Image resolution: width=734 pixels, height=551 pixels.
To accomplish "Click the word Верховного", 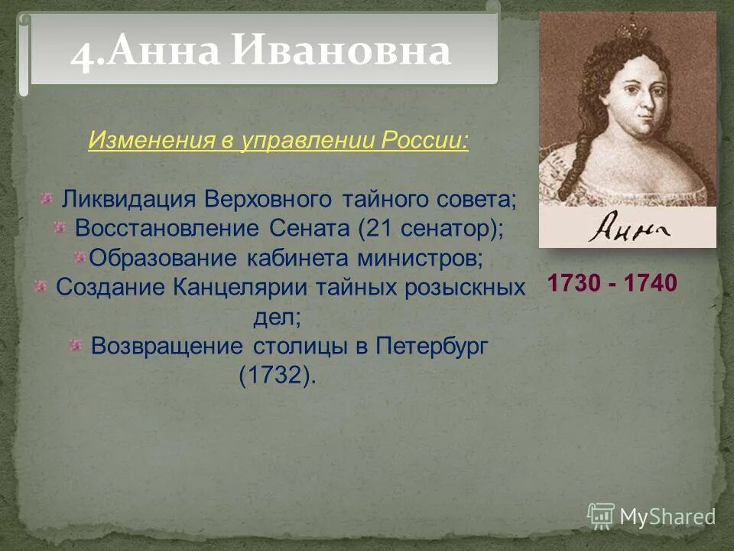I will [268, 200].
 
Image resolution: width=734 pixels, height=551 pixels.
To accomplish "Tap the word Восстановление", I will [168, 228].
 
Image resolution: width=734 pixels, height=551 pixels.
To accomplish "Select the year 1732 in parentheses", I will [277, 376].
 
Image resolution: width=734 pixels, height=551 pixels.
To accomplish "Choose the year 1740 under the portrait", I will [651, 283].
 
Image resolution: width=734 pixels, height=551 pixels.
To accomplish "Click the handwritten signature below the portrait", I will [628, 227].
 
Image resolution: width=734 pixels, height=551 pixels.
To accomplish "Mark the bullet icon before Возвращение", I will [75, 345].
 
